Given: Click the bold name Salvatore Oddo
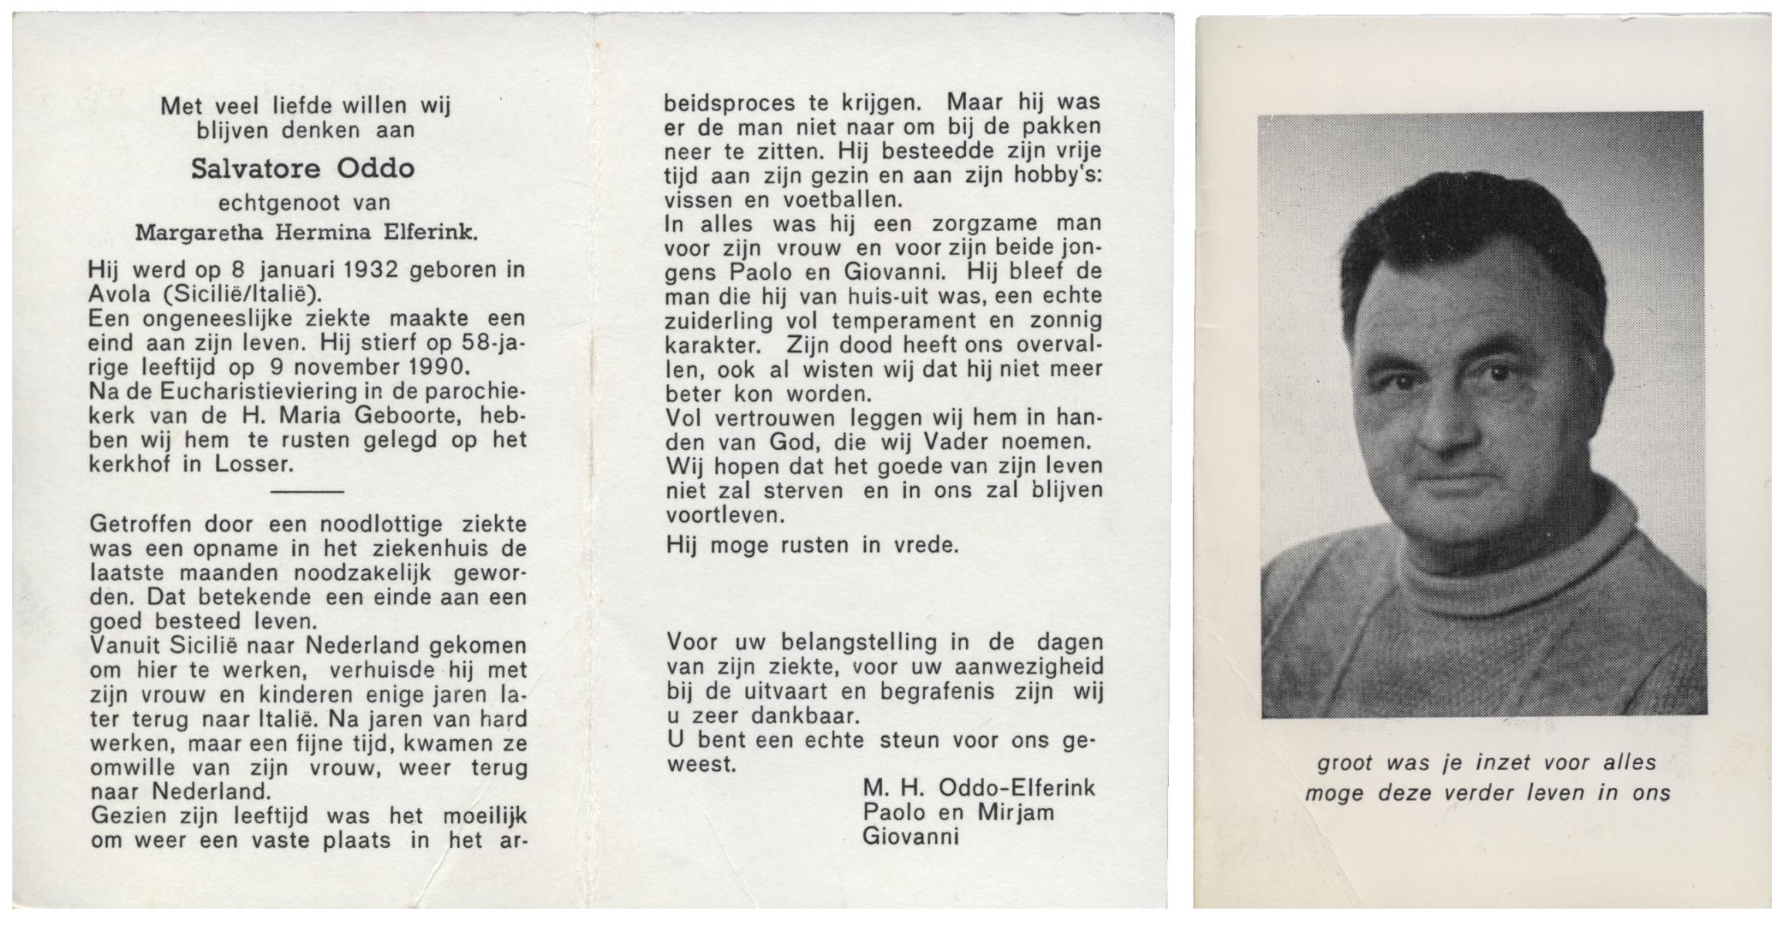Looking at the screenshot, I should (302, 169).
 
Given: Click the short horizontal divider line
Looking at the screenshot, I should (308, 491).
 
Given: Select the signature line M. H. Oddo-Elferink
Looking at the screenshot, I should (978, 787).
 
